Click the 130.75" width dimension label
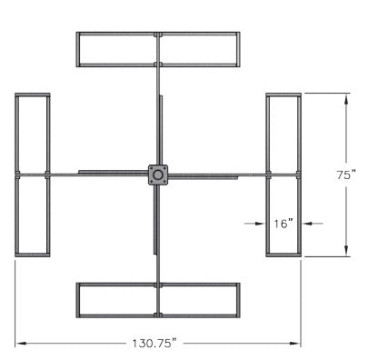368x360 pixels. tap(154, 344)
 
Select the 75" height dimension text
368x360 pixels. tap(346, 175)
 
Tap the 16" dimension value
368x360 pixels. tap(283, 224)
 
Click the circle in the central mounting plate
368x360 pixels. tap(158, 175)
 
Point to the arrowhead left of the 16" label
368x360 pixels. tap(260, 224)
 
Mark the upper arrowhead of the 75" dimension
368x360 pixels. tap(346, 99)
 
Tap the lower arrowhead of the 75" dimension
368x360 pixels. tap(346, 251)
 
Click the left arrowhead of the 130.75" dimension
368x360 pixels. tap(20, 344)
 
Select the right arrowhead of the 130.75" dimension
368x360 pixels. tap(294, 344)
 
